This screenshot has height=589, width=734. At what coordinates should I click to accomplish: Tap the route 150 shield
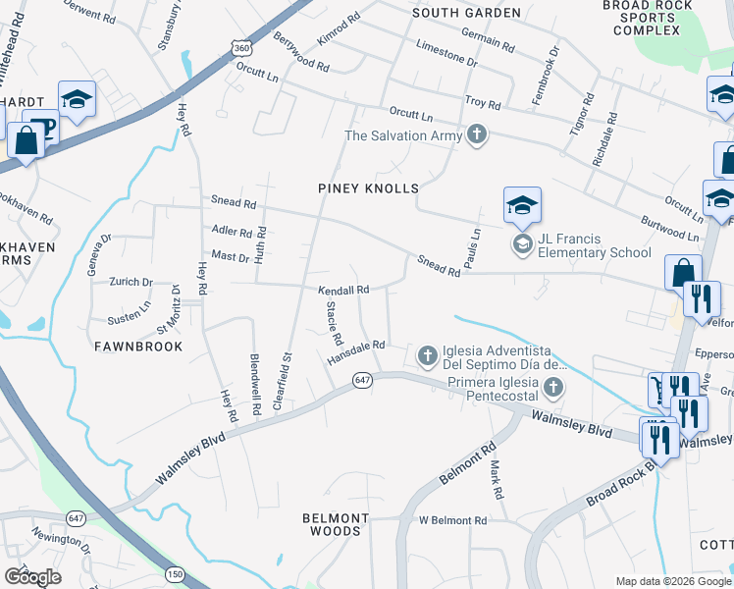[176, 573]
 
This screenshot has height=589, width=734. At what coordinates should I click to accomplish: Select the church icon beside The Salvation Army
[477, 134]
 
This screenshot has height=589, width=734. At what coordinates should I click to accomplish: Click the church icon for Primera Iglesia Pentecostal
[554, 387]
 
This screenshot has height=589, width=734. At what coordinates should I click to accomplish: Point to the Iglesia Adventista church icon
[427, 353]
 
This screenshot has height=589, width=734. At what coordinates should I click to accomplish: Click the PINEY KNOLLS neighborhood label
[368, 187]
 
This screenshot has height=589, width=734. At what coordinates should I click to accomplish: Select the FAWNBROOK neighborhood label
[138, 347]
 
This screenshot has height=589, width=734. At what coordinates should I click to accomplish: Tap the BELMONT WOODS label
[336, 524]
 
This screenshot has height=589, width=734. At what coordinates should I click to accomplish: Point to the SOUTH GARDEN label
[467, 13]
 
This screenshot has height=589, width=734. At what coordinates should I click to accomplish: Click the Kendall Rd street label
[342, 291]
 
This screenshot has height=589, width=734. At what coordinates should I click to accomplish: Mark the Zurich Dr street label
[131, 282]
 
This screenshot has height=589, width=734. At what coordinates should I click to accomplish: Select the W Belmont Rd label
[452, 520]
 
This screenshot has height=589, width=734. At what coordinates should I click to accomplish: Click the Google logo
[32, 576]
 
